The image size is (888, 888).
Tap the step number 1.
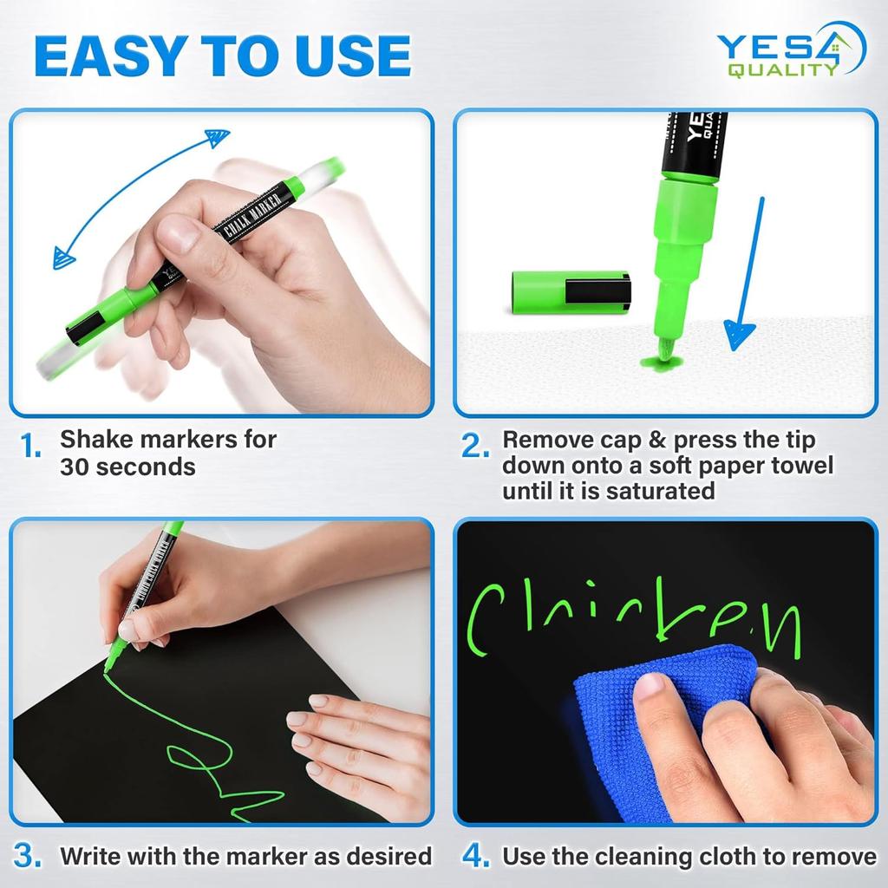(32, 448)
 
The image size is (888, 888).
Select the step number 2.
(477, 447)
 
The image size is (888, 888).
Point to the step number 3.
(29, 856)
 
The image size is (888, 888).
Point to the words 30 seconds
(127, 467)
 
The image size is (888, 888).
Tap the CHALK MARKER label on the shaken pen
(245, 218)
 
